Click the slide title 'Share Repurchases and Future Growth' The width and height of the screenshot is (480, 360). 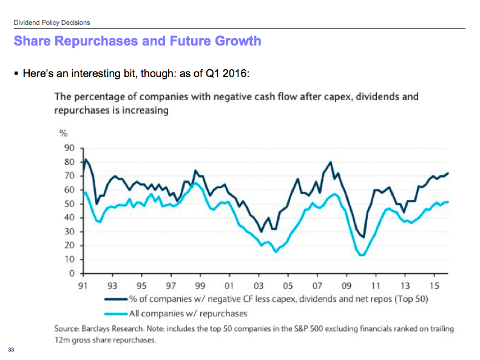pyautogui.click(x=137, y=41)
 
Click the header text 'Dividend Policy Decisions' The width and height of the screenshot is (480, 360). pyautogui.click(x=52, y=22)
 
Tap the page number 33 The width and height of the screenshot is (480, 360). pyautogui.click(x=11, y=350)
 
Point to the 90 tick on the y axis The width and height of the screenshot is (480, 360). pyautogui.click(x=69, y=148)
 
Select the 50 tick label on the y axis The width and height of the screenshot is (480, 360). pyautogui.click(x=69, y=204)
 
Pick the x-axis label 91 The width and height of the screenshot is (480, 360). pyautogui.click(x=83, y=284)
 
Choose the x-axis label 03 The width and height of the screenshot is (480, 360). pyautogui.click(x=259, y=284)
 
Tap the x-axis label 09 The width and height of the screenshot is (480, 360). pyautogui.click(x=346, y=284)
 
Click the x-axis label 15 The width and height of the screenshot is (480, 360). pyautogui.click(x=434, y=284)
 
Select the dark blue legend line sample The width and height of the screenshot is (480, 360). pyautogui.click(x=117, y=299)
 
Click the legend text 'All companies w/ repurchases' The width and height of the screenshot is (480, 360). pyautogui.click(x=188, y=313)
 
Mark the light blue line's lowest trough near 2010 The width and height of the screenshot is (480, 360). pyautogui.click(x=362, y=255)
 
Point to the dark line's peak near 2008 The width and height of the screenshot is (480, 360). pyautogui.click(x=331, y=162)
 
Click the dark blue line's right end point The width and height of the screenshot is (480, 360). pyautogui.click(x=448, y=173)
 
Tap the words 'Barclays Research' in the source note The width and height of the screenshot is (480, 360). pyautogui.click(x=112, y=328)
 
